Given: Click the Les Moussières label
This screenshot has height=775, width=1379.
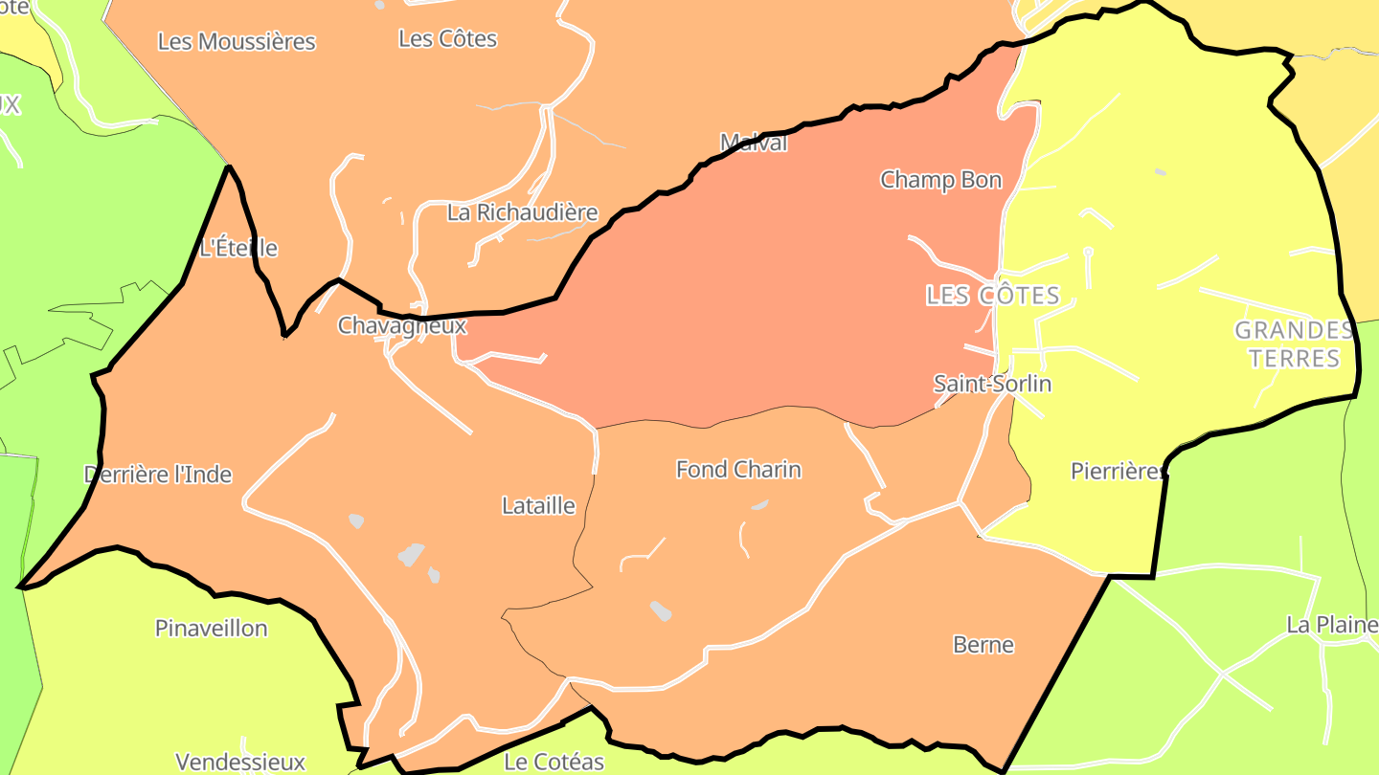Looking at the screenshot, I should tap(237, 42).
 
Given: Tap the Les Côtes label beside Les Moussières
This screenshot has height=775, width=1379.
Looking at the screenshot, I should tap(447, 39).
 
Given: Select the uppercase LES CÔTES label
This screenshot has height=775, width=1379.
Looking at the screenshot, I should tap(993, 296).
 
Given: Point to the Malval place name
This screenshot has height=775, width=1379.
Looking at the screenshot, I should tap(754, 144).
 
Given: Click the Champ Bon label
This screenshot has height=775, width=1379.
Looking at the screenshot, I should tap(941, 180).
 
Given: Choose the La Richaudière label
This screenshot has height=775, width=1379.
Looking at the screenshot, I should tap(523, 212).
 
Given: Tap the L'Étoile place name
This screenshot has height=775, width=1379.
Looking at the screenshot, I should tap(238, 249).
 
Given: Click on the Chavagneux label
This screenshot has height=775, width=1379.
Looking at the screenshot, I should tap(402, 326).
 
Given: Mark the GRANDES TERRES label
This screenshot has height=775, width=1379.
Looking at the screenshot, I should tap(1294, 344).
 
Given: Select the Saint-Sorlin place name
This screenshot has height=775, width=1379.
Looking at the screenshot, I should tap(992, 385).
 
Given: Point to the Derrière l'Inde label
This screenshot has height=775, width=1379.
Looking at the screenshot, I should tap(158, 475).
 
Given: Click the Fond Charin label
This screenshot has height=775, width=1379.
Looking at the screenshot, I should tap(738, 470).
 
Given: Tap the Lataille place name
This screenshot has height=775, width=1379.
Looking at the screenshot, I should tap(538, 506).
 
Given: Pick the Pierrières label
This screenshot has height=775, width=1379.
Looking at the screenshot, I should tap(1118, 472).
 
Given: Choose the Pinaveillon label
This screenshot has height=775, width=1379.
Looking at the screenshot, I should tap(212, 629).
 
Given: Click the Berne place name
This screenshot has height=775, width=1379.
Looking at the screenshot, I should tap(983, 645).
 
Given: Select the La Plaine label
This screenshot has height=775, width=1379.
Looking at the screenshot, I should tap(1331, 626).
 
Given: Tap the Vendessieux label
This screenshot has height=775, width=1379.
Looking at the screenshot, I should tap(240, 763).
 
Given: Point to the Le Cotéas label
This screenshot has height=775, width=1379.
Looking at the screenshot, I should tap(554, 763).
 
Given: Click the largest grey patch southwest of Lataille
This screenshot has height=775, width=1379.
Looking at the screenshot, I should tap(411, 554).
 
